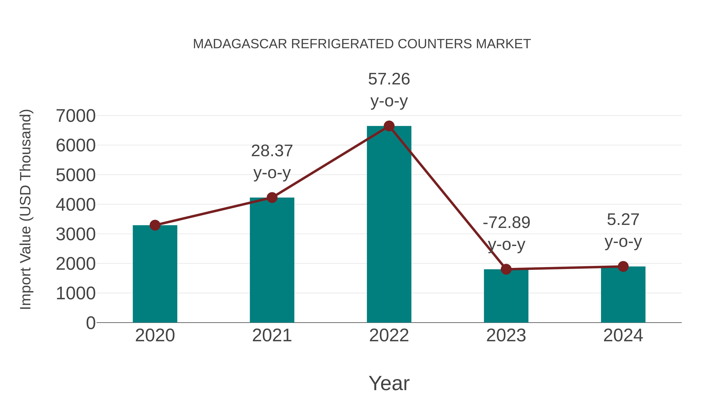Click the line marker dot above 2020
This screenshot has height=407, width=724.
pyautogui.click(x=155, y=225)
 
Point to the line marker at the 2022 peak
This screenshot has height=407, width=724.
pyautogui.click(x=389, y=126)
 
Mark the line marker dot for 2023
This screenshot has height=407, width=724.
pyautogui.click(x=506, y=269)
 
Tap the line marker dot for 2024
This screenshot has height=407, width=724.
pyautogui.click(x=623, y=266)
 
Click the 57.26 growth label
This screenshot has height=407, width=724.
pyautogui.click(x=389, y=79)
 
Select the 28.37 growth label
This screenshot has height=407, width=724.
pyautogui.click(x=272, y=151)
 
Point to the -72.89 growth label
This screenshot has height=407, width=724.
pyautogui.click(x=506, y=223)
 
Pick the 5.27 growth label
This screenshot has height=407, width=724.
pyautogui.click(x=623, y=220)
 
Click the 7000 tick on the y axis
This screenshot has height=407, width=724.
pyautogui.click(x=76, y=116)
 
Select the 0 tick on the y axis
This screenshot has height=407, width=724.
pyautogui.click(x=90, y=323)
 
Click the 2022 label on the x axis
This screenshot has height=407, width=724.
pyautogui.click(x=389, y=335)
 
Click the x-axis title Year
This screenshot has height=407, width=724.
pyautogui.click(x=389, y=383)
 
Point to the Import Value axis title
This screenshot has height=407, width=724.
pyautogui.click(x=26, y=209)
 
